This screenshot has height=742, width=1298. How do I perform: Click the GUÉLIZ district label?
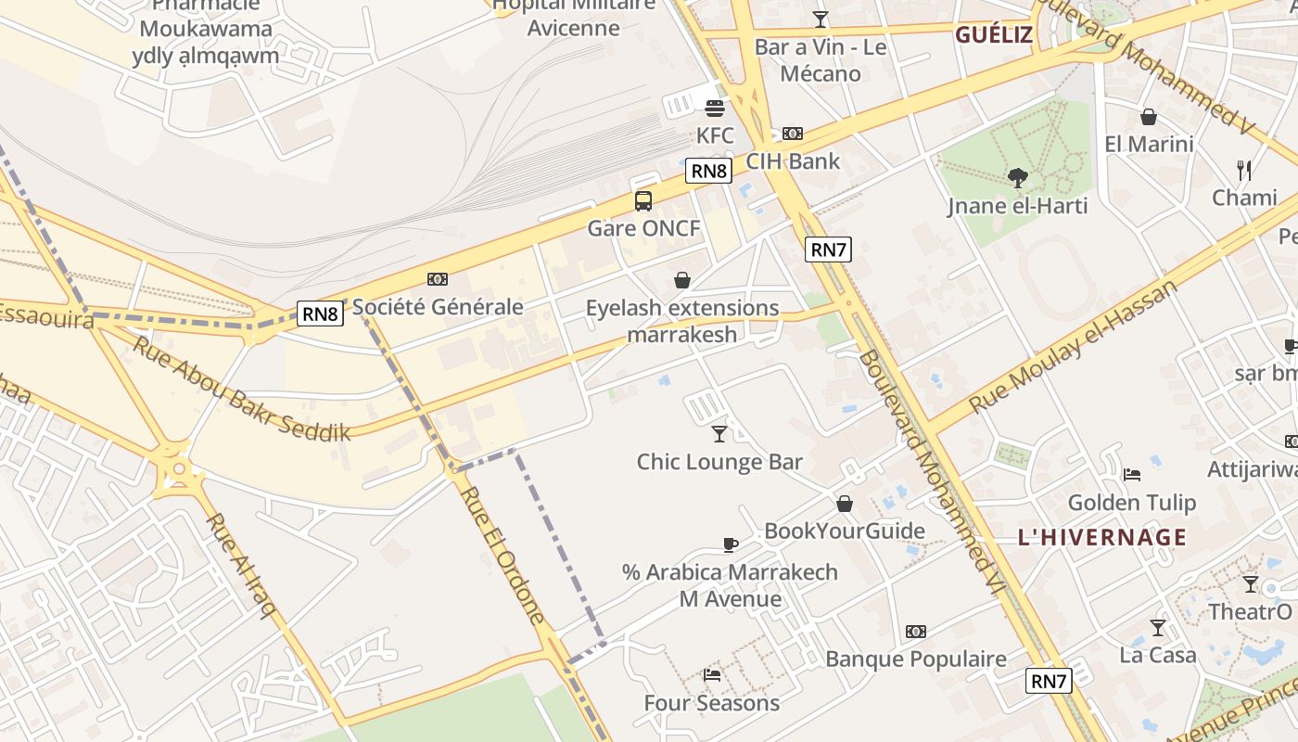[x=993, y=35]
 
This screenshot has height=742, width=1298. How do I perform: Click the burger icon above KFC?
[x=714, y=108]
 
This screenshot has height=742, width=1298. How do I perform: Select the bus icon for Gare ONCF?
[x=643, y=200]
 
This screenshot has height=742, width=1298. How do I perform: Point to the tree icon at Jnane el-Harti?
[x=1017, y=177]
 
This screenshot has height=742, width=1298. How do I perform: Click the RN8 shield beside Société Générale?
[x=320, y=313]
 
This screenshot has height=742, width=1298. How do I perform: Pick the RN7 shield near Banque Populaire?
[x=1049, y=681]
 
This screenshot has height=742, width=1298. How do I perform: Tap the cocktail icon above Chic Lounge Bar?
[x=719, y=433]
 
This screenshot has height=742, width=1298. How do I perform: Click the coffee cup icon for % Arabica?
[x=730, y=544]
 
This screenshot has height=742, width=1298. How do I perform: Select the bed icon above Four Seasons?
[x=711, y=674]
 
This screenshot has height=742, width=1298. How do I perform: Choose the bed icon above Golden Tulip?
[x=1131, y=475]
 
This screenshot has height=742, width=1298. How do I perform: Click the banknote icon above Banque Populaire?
[x=915, y=632]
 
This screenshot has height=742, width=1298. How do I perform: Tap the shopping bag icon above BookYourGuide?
[x=844, y=504]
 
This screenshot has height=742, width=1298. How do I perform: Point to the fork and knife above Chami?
[x=1244, y=171]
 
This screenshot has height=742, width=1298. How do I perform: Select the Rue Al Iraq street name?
[x=240, y=565]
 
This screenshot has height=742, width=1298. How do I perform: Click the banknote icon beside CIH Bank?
[x=793, y=134]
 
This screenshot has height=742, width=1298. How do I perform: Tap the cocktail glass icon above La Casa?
[x=1157, y=628]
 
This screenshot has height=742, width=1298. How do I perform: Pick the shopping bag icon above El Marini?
[x=1148, y=117]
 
